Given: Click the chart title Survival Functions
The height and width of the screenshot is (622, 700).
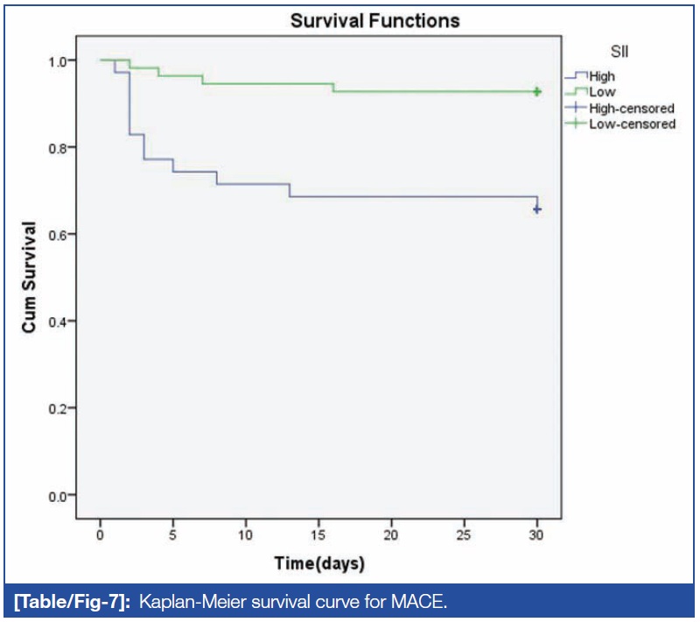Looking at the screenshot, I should pyautogui.click(x=375, y=20).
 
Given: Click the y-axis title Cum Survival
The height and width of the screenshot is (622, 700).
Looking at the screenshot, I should pyautogui.click(x=29, y=277).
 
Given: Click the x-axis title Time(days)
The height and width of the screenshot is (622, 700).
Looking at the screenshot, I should pyautogui.click(x=318, y=562).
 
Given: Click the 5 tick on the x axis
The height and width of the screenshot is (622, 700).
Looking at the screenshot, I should pyautogui.click(x=173, y=534).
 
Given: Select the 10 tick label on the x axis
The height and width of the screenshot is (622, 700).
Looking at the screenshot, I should pyautogui.click(x=246, y=534).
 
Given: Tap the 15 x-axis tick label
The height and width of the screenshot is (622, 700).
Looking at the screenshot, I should pyautogui.click(x=318, y=534).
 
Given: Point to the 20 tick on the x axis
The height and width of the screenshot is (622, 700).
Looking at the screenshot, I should pyautogui.click(x=391, y=534).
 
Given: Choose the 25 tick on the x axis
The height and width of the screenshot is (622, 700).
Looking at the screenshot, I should pyautogui.click(x=464, y=534).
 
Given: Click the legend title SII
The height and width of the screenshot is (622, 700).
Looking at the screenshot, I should pyautogui.click(x=619, y=53).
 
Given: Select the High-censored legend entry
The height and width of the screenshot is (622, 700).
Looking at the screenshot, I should pyautogui.click(x=630, y=109).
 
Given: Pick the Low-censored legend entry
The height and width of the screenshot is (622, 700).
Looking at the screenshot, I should pyautogui.click(x=630, y=124).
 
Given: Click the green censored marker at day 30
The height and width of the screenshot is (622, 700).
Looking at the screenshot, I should pyautogui.click(x=537, y=91).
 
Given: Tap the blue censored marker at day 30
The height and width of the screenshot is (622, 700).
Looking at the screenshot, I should pyautogui.click(x=537, y=209).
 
